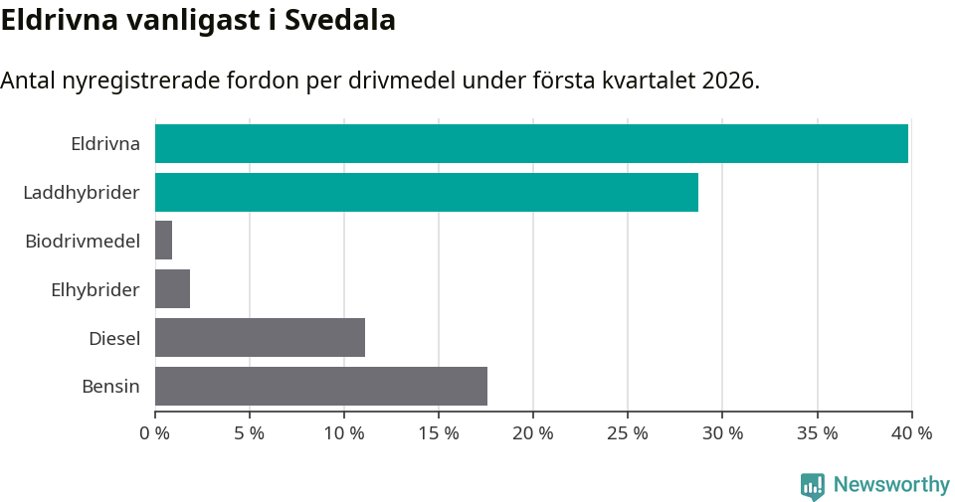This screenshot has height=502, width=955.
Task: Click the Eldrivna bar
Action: [x=531, y=143]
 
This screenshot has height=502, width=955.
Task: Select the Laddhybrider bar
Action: [x=427, y=192]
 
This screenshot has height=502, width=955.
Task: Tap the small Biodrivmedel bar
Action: [x=163, y=241]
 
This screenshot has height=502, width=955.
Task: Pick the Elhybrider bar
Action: [x=172, y=289]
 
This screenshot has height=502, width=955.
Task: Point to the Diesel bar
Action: [x=260, y=337]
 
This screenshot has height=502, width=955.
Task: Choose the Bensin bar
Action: [x=321, y=386]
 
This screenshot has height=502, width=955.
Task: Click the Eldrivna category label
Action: [x=105, y=143]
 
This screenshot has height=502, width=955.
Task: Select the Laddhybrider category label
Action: [x=82, y=192]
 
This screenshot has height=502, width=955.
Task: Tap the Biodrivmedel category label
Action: [x=83, y=241]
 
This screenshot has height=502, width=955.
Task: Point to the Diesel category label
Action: [x=114, y=338]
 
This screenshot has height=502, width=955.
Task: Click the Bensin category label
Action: [x=110, y=387]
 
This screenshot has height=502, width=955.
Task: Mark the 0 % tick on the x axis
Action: [x=154, y=433]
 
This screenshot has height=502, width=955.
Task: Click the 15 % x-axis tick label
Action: [x=439, y=433]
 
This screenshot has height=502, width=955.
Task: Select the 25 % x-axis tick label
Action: [x=628, y=433]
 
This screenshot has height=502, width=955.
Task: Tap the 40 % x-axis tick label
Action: [x=911, y=433]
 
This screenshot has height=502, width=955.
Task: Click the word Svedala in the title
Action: [x=340, y=20]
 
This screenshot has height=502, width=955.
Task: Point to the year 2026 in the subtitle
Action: [x=727, y=81]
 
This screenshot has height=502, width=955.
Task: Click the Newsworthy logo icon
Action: [x=812, y=485]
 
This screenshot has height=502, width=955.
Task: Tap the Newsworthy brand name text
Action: [x=891, y=485]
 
